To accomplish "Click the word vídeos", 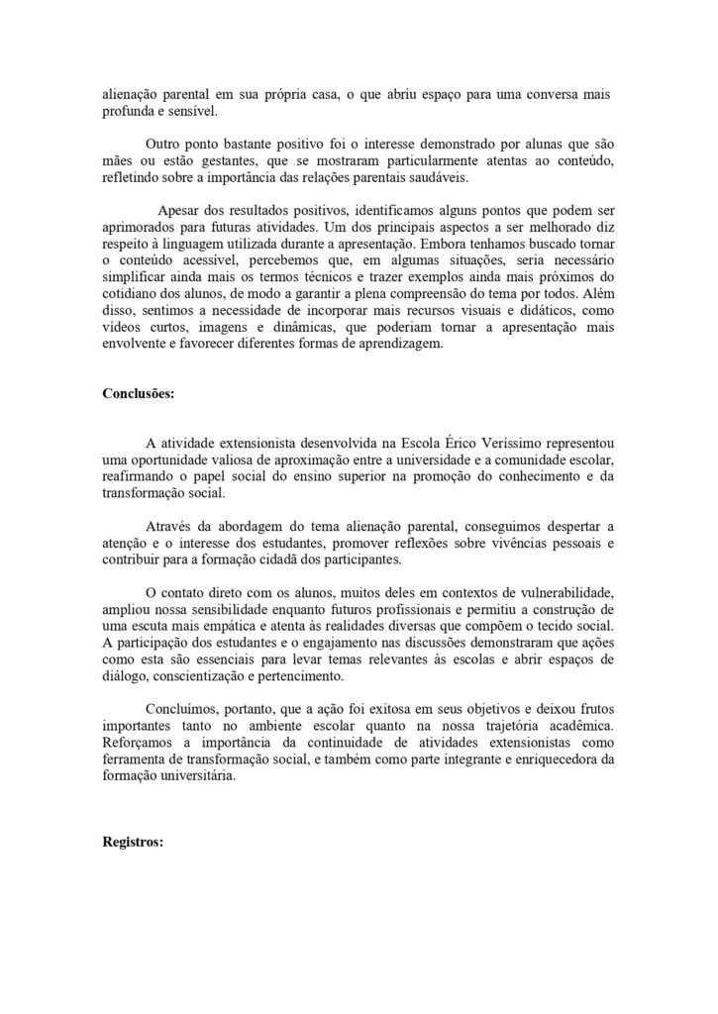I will (x=123, y=330).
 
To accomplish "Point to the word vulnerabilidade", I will (x=561, y=591).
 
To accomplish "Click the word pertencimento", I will (x=296, y=676).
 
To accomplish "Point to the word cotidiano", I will (x=129, y=294).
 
